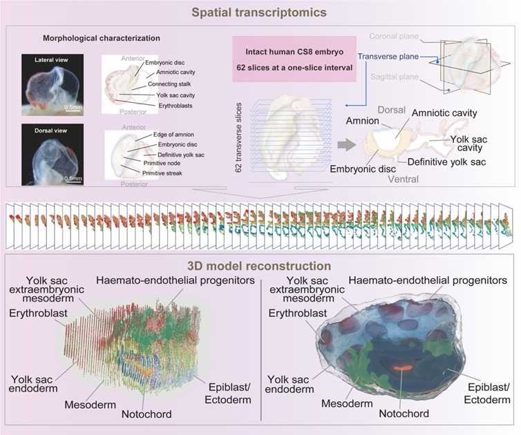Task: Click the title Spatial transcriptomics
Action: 260,12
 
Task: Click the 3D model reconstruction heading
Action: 260,265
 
